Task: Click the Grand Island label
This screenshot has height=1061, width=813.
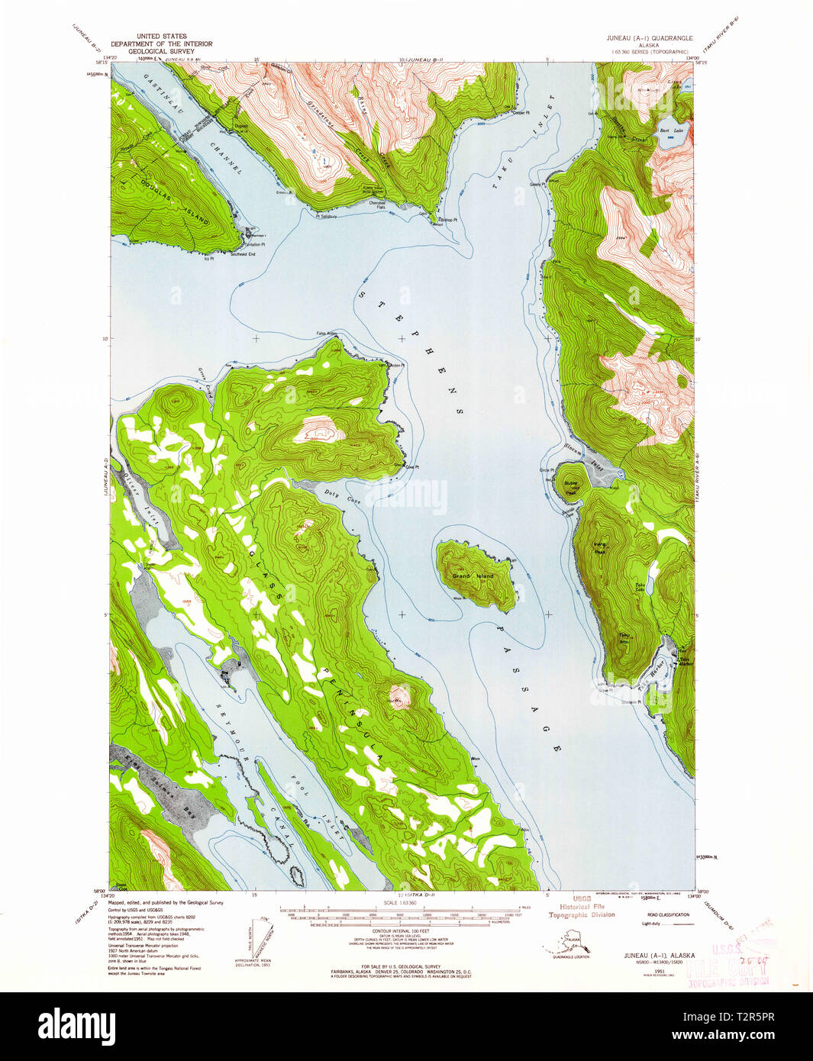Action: point(473,576)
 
